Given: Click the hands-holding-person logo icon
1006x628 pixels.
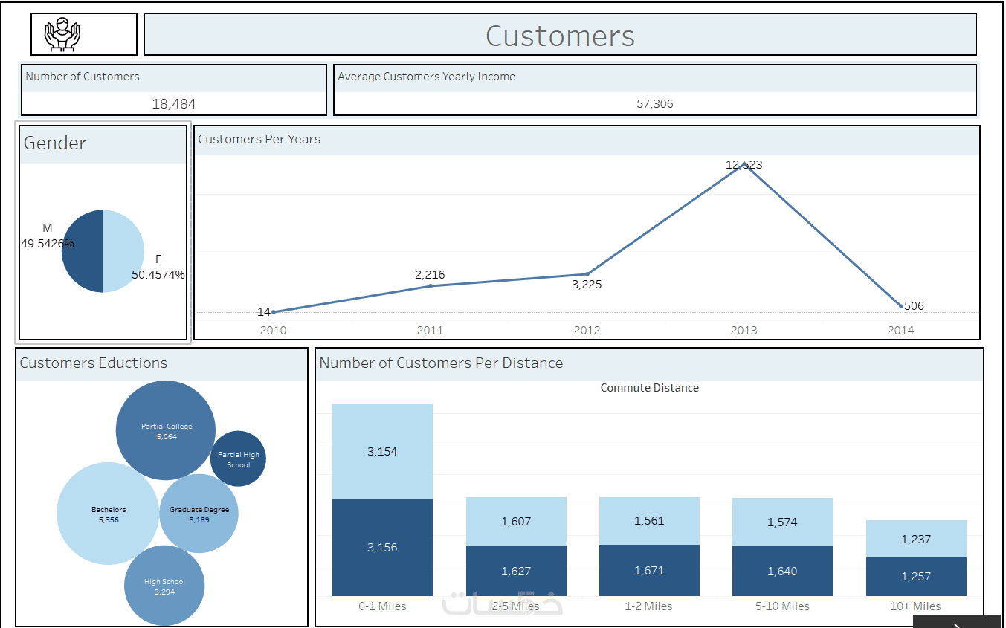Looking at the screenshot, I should click(x=62, y=34).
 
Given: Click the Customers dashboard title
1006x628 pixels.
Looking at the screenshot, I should click(x=560, y=36).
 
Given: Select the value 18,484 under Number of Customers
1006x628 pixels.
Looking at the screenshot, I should click(x=174, y=104).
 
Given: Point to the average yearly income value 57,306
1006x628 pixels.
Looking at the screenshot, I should click(x=655, y=104).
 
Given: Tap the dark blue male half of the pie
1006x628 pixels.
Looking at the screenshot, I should click(x=83, y=251).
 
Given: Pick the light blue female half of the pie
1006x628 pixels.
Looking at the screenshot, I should click(x=123, y=251).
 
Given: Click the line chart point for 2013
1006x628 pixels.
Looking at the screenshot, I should click(x=744, y=165).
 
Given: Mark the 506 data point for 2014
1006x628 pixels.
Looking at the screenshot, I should click(x=900, y=306).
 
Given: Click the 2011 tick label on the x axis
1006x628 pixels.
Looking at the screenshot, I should click(x=430, y=330).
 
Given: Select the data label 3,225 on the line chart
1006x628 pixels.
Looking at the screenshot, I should click(x=587, y=285).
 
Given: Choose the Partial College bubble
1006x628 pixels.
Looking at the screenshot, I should click(x=166, y=430).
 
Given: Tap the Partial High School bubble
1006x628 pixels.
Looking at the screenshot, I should click(x=238, y=459).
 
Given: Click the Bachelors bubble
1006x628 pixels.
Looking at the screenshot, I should click(x=108, y=514).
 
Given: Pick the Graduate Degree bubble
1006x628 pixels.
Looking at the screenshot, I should click(x=199, y=514).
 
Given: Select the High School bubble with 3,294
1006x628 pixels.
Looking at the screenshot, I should click(x=164, y=586).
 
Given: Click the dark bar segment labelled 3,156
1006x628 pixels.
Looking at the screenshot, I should click(x=382, y=548).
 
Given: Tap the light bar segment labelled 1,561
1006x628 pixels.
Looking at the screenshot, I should click(x=649, y=521).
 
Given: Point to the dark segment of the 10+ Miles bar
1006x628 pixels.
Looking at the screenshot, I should click(x=916, y=577).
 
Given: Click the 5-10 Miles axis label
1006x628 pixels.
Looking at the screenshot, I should click(x=782, y=606).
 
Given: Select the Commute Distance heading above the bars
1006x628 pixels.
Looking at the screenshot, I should click(x=649, y=388).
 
